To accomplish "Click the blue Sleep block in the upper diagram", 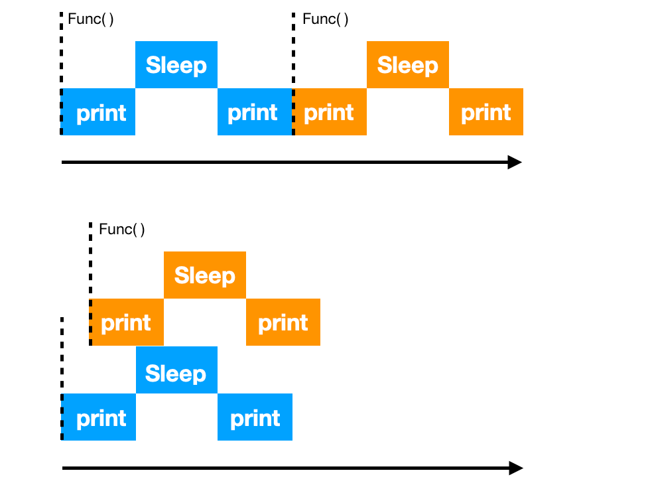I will [176, 65].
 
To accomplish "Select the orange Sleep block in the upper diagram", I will [407, 65].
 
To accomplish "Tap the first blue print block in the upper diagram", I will [99, 112].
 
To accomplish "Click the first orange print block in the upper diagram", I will [330, 112].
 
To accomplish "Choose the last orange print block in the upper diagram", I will [485, 112].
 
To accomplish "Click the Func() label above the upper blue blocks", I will [91, 19].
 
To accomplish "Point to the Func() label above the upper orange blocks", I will [325, 19].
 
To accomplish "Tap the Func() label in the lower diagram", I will [121, 230].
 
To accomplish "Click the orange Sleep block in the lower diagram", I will [204, 275].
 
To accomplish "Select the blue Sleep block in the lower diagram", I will [176, 373].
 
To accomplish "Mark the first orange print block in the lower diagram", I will [127, 322].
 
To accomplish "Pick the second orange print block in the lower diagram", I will [283, 322].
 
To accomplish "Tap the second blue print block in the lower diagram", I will [255, 418].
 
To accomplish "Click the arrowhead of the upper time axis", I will [515, 162].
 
